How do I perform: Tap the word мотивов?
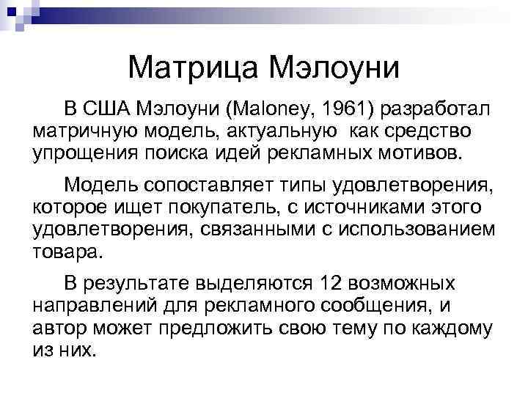[419, 153]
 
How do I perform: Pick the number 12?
[329, 282]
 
